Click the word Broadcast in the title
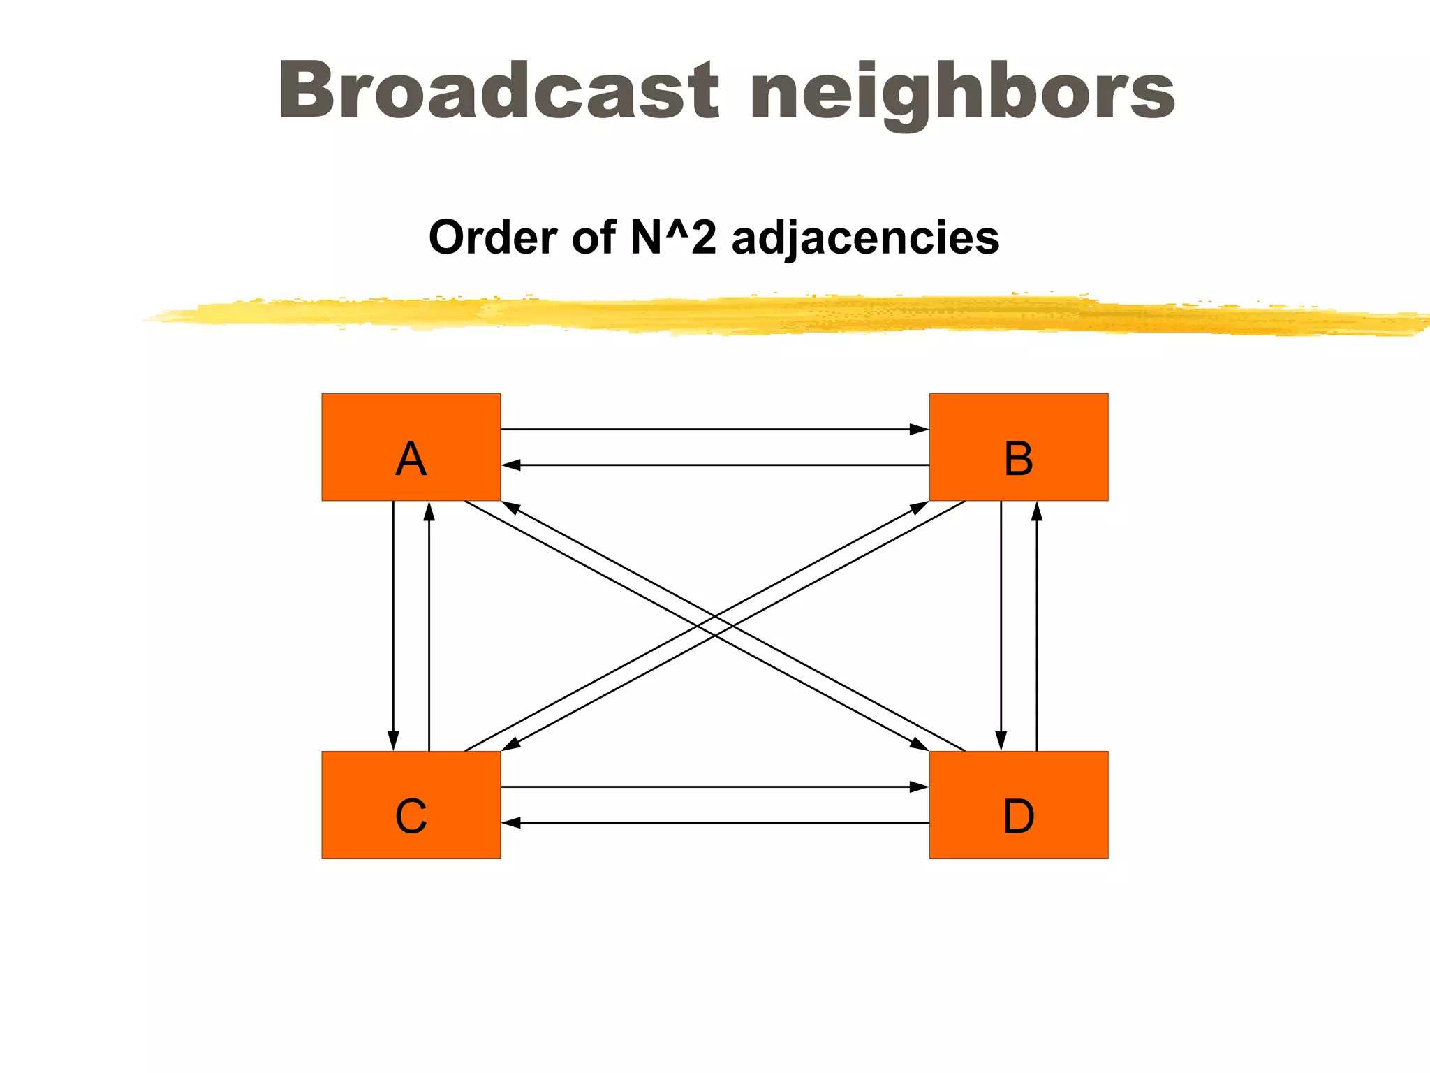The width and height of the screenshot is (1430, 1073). pos(498,91)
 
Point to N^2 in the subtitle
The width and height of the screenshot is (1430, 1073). pos(672,237)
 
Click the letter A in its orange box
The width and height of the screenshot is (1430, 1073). pos(411,459)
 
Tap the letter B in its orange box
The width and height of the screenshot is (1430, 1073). pos(1018,459)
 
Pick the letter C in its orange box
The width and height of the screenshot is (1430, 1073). pos(411,816)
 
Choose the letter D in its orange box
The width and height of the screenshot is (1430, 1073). pos(1018,816)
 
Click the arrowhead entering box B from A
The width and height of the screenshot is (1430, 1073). pos(920,429)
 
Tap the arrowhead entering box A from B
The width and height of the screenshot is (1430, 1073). pos(511,465)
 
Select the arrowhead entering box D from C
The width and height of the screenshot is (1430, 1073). pos(920,787)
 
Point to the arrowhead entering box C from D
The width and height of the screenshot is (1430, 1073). pos(511,823)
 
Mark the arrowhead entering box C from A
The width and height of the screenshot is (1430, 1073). pos(393,741)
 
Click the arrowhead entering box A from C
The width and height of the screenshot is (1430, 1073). pos(429,511)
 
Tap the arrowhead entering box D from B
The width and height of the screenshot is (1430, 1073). pos(1001,741)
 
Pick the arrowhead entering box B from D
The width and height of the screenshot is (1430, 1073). pos(1037,511)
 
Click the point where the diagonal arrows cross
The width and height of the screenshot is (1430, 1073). pos(715,626)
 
